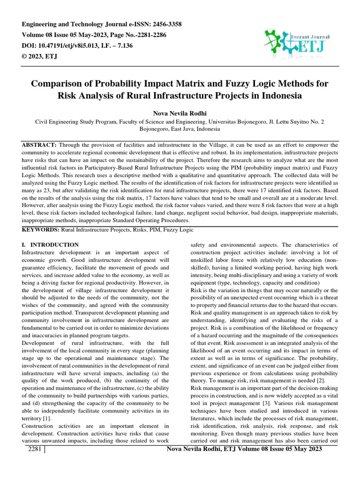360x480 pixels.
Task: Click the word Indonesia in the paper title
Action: point(275,96)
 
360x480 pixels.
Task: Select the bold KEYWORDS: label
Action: point(40,230)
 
